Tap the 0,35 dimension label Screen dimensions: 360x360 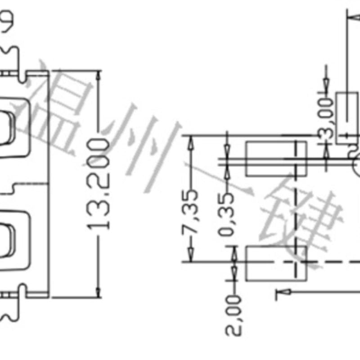[228, 211]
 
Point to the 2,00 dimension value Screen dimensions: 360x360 [234, 315]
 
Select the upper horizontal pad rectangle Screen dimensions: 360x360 [275, 158]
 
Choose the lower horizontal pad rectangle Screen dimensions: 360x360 [275, 263]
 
